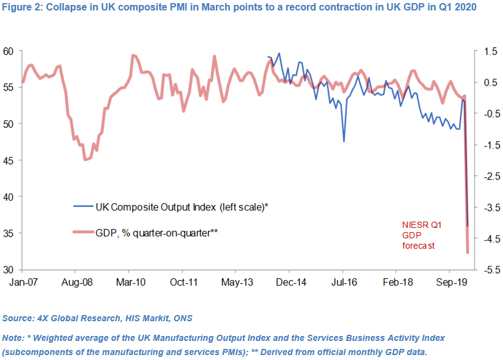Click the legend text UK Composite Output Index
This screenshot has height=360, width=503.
point(181,207)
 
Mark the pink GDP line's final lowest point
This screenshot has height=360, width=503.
point(467,252)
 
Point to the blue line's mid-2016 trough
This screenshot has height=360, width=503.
point(344,141)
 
